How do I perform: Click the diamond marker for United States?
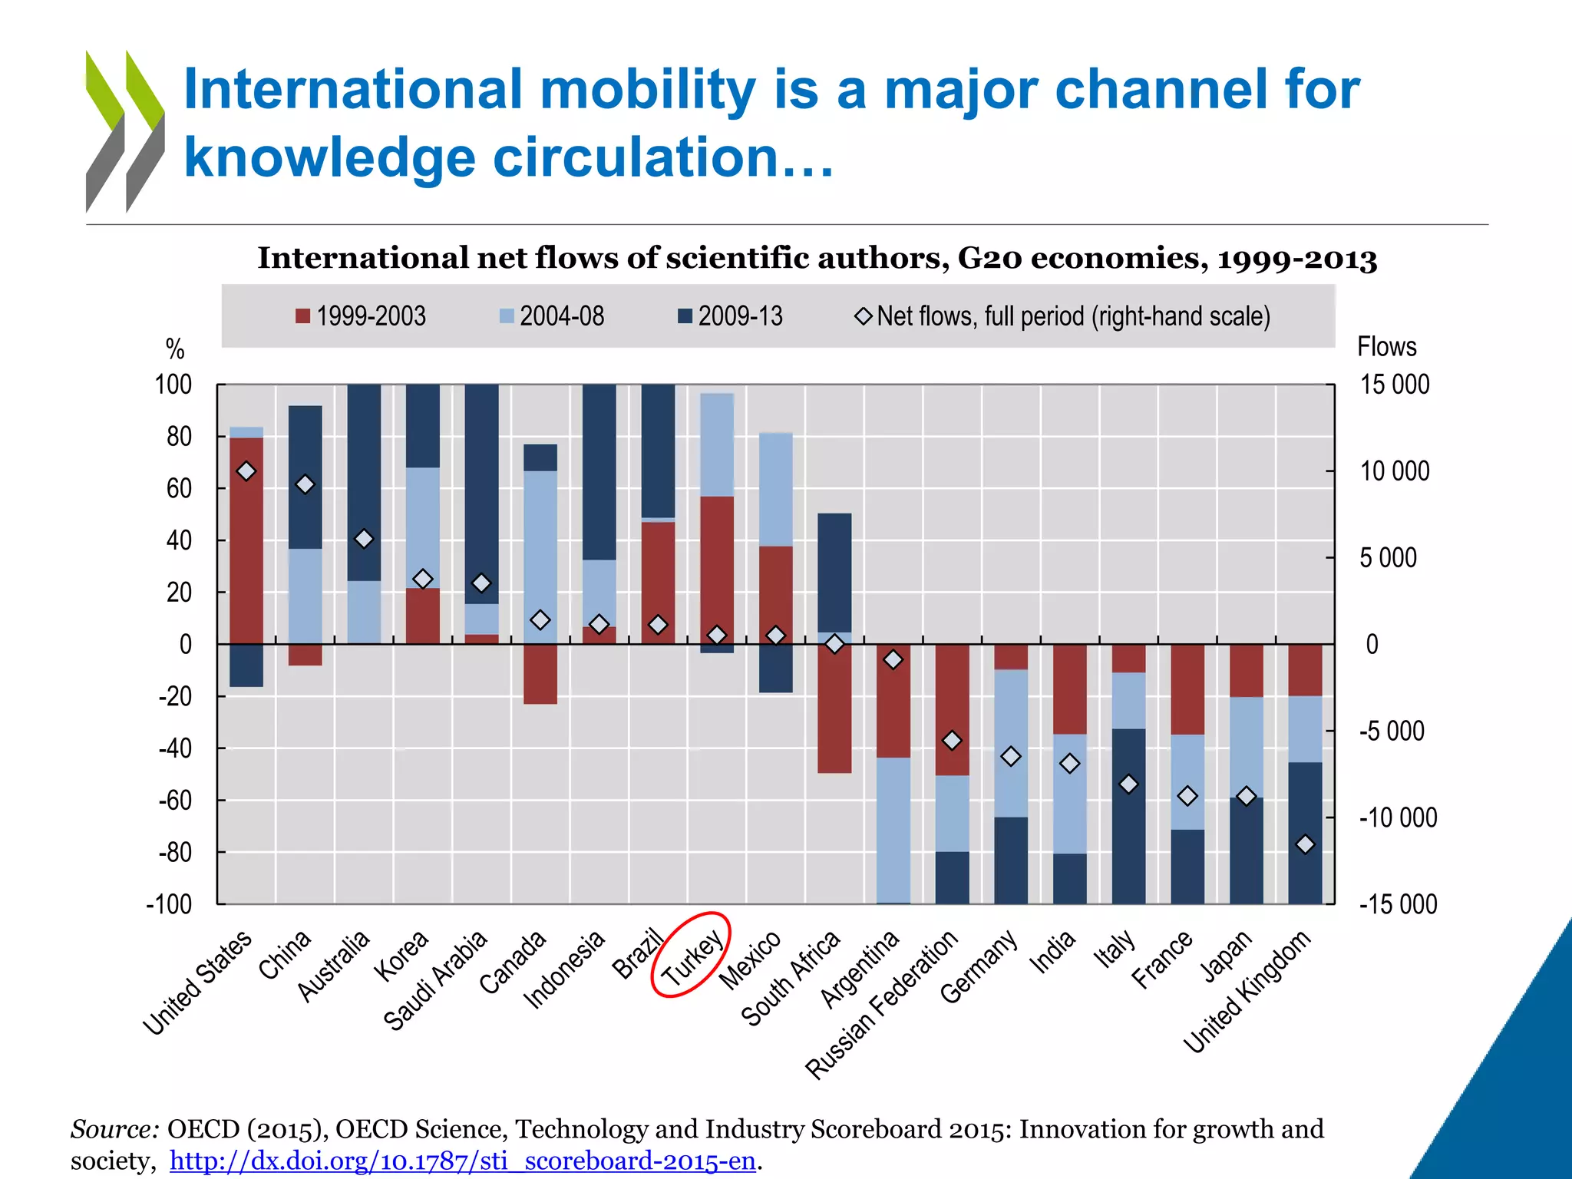click(x=246, y=471)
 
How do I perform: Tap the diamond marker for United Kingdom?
click(x=1306, y=844)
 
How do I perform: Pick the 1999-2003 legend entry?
click(x=361, y=316)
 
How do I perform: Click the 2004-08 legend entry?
click(x=552, y=316)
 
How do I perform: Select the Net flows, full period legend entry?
click(x=1063, y=316)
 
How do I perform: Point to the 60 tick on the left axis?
click(x=179, y=489)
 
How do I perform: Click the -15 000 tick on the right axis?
click(x=1398, y=904)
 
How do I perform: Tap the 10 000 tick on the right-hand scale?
click(x=1394, y=471)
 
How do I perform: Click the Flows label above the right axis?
click(x=1386, y=347)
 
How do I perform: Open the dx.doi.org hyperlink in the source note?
click(x=463, y=1161)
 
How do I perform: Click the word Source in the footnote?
click(x=114, y=1129)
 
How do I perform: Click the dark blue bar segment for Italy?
click(x=1128, y=816)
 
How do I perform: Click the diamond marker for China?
click(x=305, y=484)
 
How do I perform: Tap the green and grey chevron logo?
click(x=125, y=131)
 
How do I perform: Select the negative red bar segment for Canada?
click(x=540, y=674)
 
